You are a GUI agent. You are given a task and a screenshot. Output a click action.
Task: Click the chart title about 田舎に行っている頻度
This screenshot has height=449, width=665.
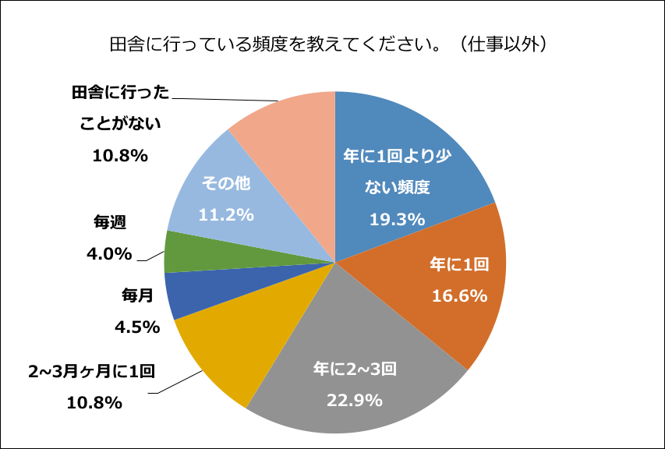(332, 43)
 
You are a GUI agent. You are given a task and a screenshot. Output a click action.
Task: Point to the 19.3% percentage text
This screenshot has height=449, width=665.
(397, 220)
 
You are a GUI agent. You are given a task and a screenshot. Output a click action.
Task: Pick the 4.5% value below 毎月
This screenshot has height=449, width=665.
(136, 327)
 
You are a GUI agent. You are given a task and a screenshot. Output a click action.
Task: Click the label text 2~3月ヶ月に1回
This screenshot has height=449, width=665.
(92, 371)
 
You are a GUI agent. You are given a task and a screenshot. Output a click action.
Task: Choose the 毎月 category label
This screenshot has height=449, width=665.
(136, 295)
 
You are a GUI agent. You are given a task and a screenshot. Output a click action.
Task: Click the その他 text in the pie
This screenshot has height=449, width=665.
(226, 184)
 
